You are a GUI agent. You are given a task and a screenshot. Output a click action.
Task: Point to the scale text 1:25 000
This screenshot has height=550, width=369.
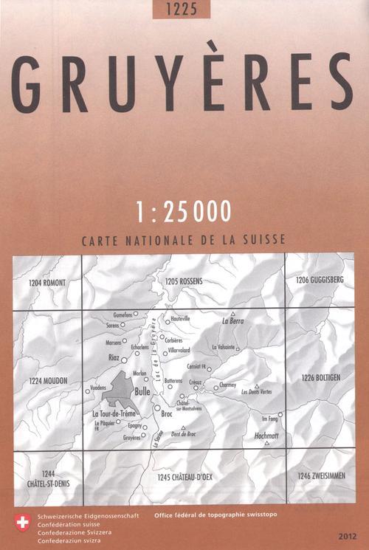184,210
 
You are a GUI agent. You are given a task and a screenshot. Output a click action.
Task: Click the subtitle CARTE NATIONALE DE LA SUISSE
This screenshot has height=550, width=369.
184,241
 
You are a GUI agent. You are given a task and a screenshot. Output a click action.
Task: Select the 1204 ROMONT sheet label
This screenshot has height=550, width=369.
48,283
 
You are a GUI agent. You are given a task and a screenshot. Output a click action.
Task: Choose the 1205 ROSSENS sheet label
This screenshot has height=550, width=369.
184,281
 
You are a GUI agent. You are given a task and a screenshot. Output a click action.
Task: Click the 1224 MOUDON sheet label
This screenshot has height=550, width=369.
49,381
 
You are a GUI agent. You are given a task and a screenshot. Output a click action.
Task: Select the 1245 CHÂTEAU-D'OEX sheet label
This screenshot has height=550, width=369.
184,478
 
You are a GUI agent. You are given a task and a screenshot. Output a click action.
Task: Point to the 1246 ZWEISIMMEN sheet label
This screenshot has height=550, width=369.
320,475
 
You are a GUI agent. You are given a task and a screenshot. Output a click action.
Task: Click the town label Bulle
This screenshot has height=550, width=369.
143,392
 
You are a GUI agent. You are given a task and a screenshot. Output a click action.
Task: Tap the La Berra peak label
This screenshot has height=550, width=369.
232,322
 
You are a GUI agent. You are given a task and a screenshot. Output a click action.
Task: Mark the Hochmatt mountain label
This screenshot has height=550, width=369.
266,436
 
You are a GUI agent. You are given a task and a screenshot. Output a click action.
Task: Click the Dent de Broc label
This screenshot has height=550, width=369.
182,433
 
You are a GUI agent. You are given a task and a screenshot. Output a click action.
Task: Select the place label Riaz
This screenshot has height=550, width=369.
114,357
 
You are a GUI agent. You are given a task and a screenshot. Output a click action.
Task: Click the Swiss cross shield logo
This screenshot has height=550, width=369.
22,522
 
